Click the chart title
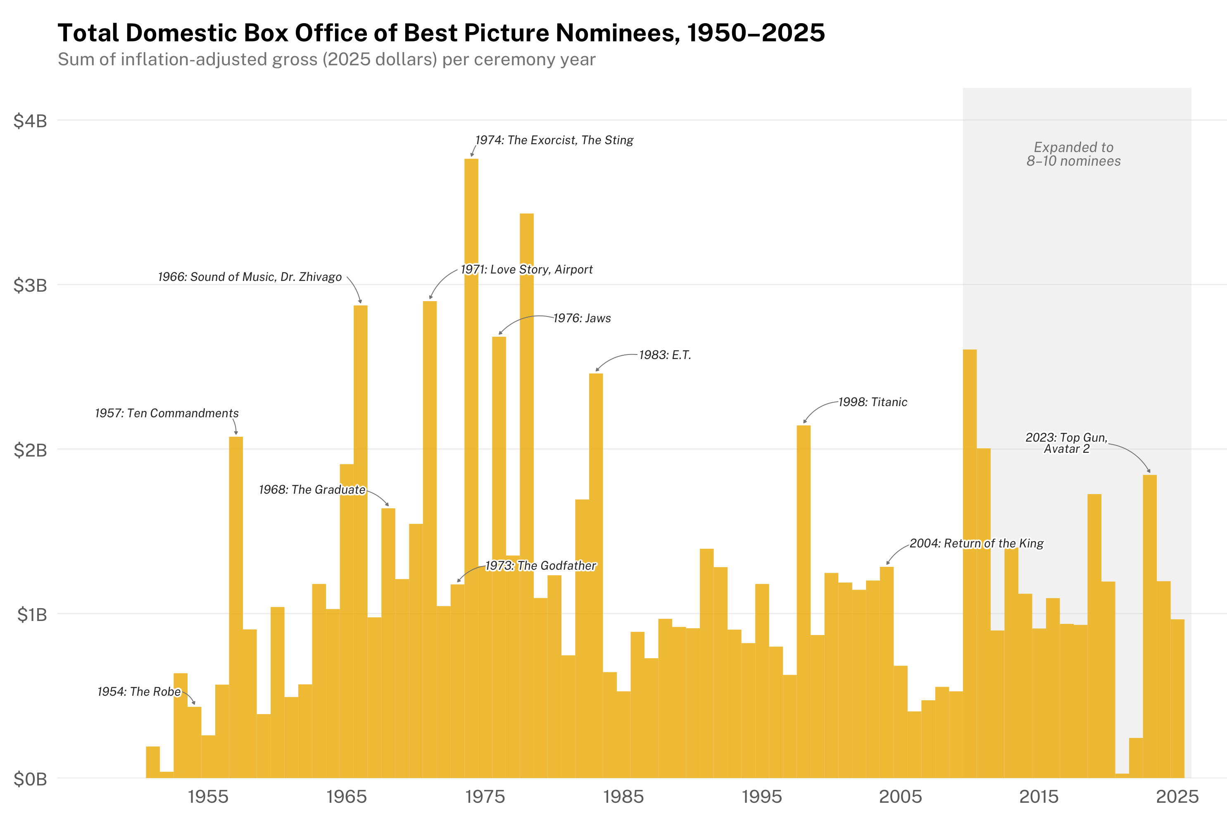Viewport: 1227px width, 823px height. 441,33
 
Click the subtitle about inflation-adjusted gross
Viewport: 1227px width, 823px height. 326,59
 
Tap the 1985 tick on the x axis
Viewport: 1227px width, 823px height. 623,797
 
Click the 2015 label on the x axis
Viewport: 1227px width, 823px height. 1038,797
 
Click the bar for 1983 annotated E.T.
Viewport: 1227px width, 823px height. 596,577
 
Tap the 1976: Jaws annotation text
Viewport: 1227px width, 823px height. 582,318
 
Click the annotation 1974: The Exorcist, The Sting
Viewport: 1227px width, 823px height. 554,140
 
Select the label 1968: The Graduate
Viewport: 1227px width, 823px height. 312,490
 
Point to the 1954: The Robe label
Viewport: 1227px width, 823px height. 139,692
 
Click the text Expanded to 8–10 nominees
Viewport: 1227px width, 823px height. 1073,155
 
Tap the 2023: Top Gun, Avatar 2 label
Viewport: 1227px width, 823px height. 1066,443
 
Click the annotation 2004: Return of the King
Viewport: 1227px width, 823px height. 976,543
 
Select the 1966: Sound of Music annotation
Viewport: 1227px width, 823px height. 250,277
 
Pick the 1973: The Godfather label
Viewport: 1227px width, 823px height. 540,566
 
